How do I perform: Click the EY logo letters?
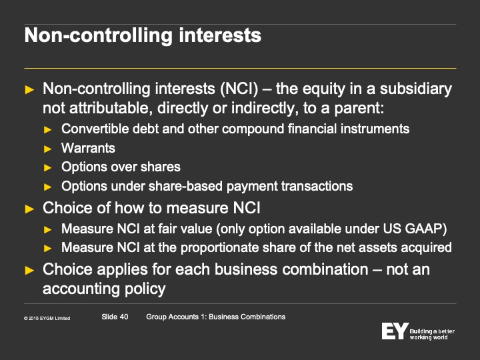(395, 331)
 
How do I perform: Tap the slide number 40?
(124, 317)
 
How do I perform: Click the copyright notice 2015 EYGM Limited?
(47, 319)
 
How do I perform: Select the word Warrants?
(88, 148)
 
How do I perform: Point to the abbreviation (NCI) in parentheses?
(239, 89)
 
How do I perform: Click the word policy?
(145, 289)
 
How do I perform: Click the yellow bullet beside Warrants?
(48, 149)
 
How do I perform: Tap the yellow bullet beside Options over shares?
(48, 168)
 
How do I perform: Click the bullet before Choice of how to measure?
(29, 209)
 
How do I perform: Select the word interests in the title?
(220, 35)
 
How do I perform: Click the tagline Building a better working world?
(432, 334)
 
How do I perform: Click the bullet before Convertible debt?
(48, 130)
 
